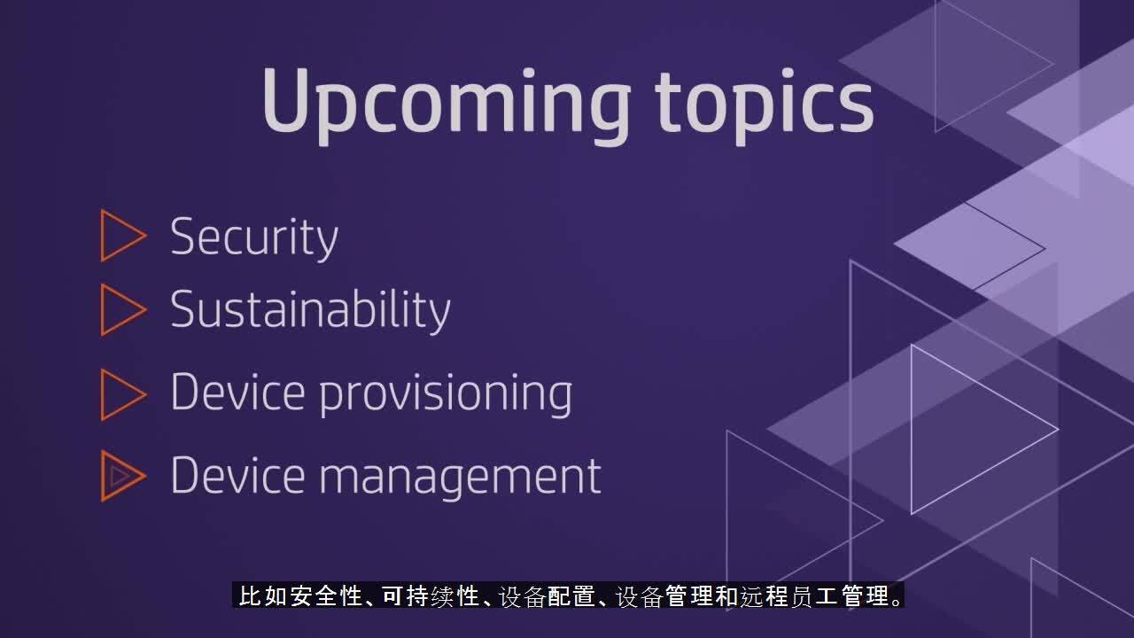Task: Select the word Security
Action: [254, 238]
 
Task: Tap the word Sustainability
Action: [310, 309]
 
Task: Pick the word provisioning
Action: [446, 394]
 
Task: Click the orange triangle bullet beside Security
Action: [123, 236]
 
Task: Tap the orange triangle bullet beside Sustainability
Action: [123, 309]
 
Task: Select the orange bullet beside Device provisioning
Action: [123, 394]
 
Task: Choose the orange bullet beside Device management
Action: [123, 476]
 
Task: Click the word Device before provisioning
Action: [238, 392]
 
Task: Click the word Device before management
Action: [238, 474]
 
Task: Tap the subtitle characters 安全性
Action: [327, 596]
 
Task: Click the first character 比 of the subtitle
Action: [250, 596]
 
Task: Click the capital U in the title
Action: [285, 100]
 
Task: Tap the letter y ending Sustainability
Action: [437, 315]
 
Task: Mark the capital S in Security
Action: [183, 236]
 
